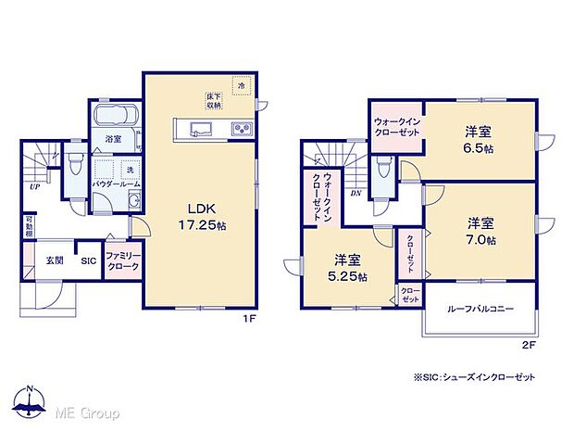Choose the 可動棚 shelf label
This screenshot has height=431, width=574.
click(x=29, y=227)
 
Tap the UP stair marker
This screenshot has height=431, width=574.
click(x=34, y=185)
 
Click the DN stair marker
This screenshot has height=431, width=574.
click(x=356, y=194)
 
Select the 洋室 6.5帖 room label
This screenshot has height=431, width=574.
click(x=478, y=138)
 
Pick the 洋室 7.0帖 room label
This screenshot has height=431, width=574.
click(x=480, y=231)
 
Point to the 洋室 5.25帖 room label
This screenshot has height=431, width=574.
click(x=348, y=268)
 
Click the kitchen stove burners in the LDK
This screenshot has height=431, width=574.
click(x=243, y=128)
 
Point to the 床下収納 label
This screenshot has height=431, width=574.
click(x=212, y=100)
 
